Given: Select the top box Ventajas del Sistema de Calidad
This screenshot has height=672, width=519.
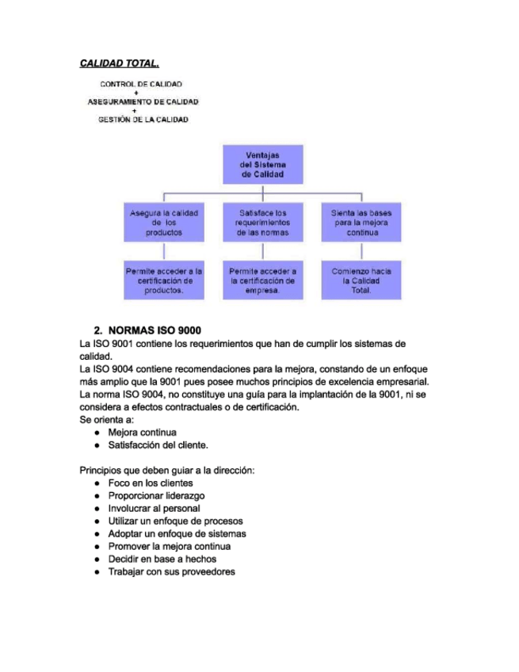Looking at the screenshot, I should point(261,164).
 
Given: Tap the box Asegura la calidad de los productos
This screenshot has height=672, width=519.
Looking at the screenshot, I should point(164,223).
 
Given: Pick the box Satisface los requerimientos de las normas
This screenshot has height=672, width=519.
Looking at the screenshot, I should point(262,223).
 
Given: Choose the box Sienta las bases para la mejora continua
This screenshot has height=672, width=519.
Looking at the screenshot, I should point(361,223).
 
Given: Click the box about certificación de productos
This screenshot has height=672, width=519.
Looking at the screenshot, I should point(164,281).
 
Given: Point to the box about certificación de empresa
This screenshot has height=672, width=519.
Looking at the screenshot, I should point(262,281).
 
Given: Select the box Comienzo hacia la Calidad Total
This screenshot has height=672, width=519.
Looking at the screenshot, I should point(361,281).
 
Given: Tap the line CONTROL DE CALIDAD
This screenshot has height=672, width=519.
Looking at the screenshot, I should point(141,83).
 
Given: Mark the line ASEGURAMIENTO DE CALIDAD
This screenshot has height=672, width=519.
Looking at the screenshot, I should point(142,101).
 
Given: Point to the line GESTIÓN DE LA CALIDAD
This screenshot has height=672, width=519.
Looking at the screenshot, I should point(143,120).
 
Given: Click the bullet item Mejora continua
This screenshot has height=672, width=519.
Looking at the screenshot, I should point(142,432).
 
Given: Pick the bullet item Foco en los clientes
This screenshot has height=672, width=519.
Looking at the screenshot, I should point(150,483).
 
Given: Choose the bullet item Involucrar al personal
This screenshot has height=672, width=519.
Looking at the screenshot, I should point(154,508).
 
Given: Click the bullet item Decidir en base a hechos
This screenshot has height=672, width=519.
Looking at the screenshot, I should point(162,559).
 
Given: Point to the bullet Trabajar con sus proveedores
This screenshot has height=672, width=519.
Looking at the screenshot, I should point(171,571).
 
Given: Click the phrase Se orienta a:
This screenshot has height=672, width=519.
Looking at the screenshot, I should point(107,419).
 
